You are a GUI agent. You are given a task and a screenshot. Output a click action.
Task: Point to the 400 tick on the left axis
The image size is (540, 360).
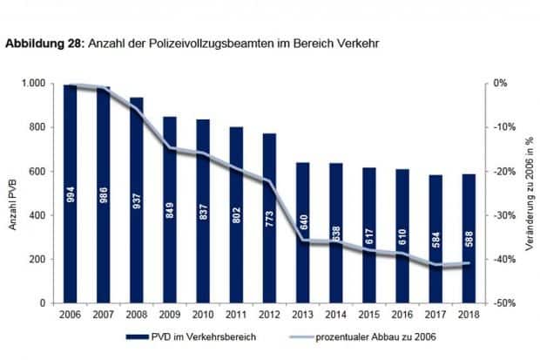click(37, 215)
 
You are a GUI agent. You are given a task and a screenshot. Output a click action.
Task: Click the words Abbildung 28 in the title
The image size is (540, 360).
click(43, 42)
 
